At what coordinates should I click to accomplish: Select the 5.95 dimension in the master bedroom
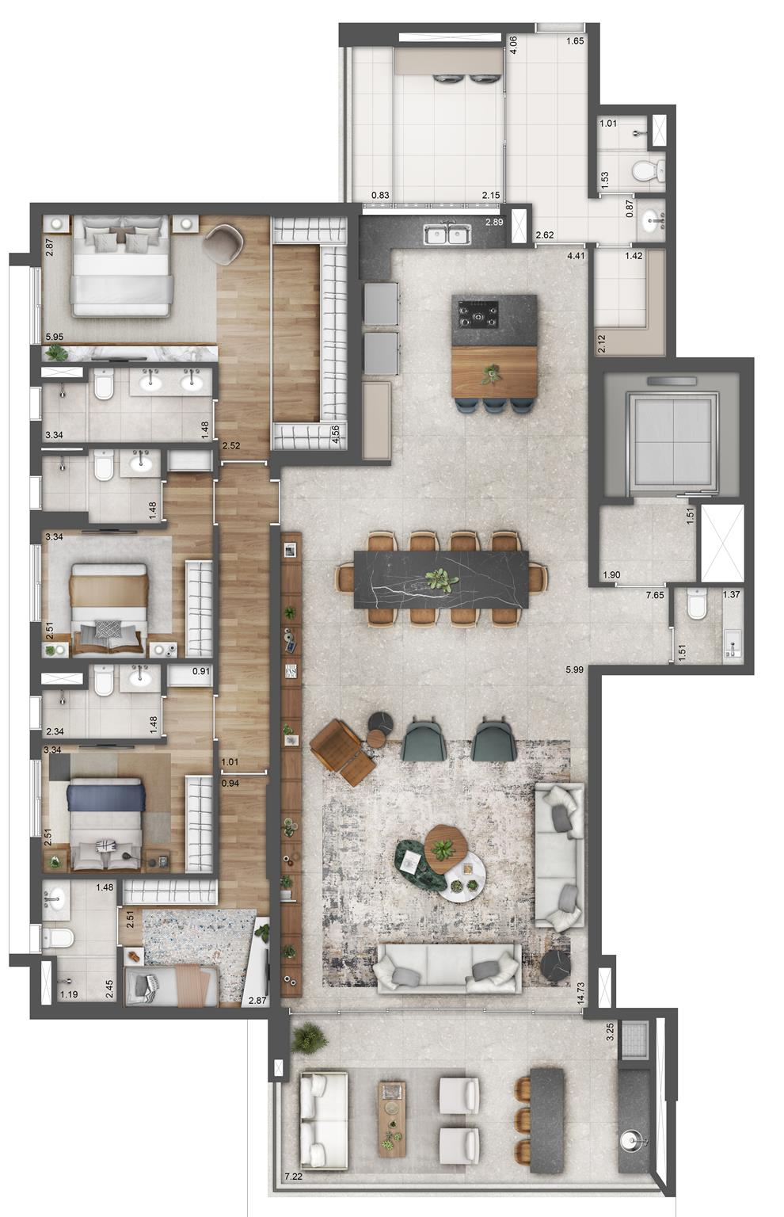(55, 337)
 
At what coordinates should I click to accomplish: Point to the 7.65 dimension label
(655, 595)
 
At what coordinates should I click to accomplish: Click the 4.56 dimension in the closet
(336, 434)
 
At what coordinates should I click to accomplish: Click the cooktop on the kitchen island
(478, 314)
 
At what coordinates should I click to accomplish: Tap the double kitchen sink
(448, 235)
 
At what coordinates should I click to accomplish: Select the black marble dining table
(441, 580)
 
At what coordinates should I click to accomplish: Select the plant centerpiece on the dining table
(440, 580)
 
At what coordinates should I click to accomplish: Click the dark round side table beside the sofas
(555, 967)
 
